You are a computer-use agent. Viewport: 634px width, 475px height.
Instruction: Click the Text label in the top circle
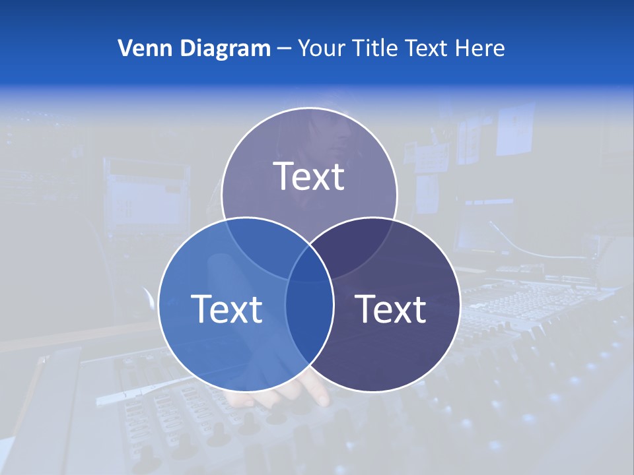click(x=309, y=176)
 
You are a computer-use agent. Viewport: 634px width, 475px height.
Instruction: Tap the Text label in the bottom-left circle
click(x=227, y=308)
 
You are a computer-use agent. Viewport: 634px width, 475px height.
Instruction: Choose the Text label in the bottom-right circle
click(x=390, y=308)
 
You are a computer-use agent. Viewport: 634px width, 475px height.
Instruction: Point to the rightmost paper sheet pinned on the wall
click(x=516, y=129)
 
